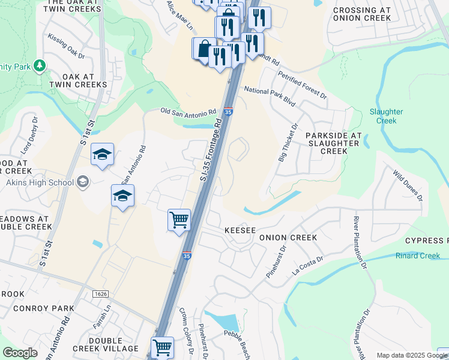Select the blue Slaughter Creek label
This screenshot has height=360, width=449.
click(382, 116)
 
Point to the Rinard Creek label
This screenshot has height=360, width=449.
click(418, 256)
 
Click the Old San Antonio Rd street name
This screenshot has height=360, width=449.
click(188, 112)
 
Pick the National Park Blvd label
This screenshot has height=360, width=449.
click(270, 95)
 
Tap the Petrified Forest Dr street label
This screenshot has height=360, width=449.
click(302, 85)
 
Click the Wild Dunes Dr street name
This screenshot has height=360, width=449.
click(408, 185)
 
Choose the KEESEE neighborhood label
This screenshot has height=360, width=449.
click(240, 230)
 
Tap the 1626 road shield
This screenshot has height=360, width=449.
click(100, 293)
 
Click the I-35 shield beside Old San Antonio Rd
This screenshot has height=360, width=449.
click(228, 112)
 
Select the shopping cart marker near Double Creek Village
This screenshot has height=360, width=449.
click(163, 347)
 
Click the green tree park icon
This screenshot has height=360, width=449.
click(40, 65)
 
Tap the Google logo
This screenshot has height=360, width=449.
click(20, 353)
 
